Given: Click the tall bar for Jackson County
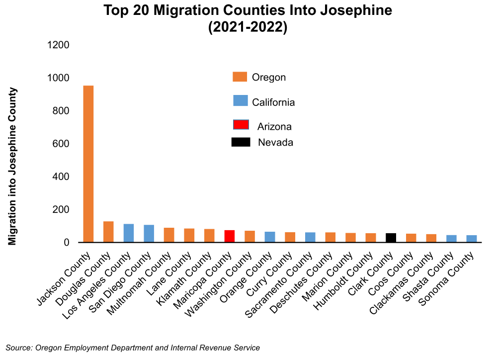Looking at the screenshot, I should tap(88, 164).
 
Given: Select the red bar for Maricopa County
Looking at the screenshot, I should tap(230, 236).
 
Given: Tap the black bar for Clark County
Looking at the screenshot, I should tap(391, 238).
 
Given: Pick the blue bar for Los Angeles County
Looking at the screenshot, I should tap(129, 233).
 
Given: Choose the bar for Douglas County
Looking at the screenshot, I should tap(108, 232).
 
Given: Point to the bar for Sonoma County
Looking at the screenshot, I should tap(472, 239).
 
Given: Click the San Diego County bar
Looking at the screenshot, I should tap(149, 234).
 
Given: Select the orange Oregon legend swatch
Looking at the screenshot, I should tap(240, 77).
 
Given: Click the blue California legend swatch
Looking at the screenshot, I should tap(240, 100).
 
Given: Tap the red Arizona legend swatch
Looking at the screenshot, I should tap(240, 124).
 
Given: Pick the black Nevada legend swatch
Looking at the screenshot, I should tap(241, 142).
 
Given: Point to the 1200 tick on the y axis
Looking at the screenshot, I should tap(58, 45).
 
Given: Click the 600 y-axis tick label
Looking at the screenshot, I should tap(61, 144).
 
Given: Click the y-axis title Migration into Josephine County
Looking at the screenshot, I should tap(13, 166).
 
